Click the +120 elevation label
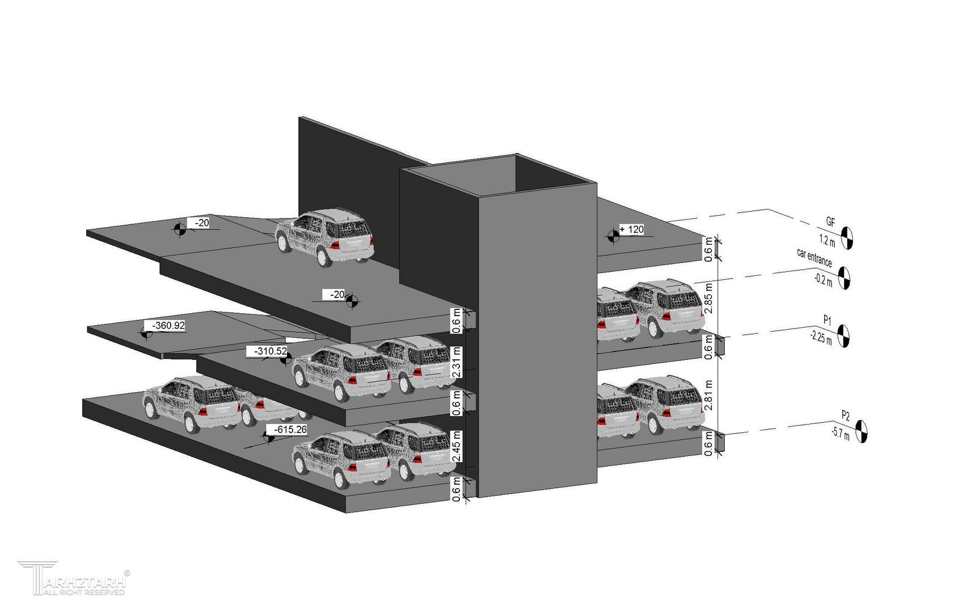(632, 230)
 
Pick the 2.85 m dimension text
(708, 298)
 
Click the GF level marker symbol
(847, 238)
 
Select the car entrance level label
(814, 258)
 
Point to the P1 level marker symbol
(843, 336)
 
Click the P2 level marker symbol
(861, 431)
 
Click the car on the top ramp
(325, 237)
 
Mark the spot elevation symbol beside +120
(613, 236)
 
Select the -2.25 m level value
(821, 338)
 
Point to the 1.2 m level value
(827, 240)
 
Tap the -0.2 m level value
(823, 280)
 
